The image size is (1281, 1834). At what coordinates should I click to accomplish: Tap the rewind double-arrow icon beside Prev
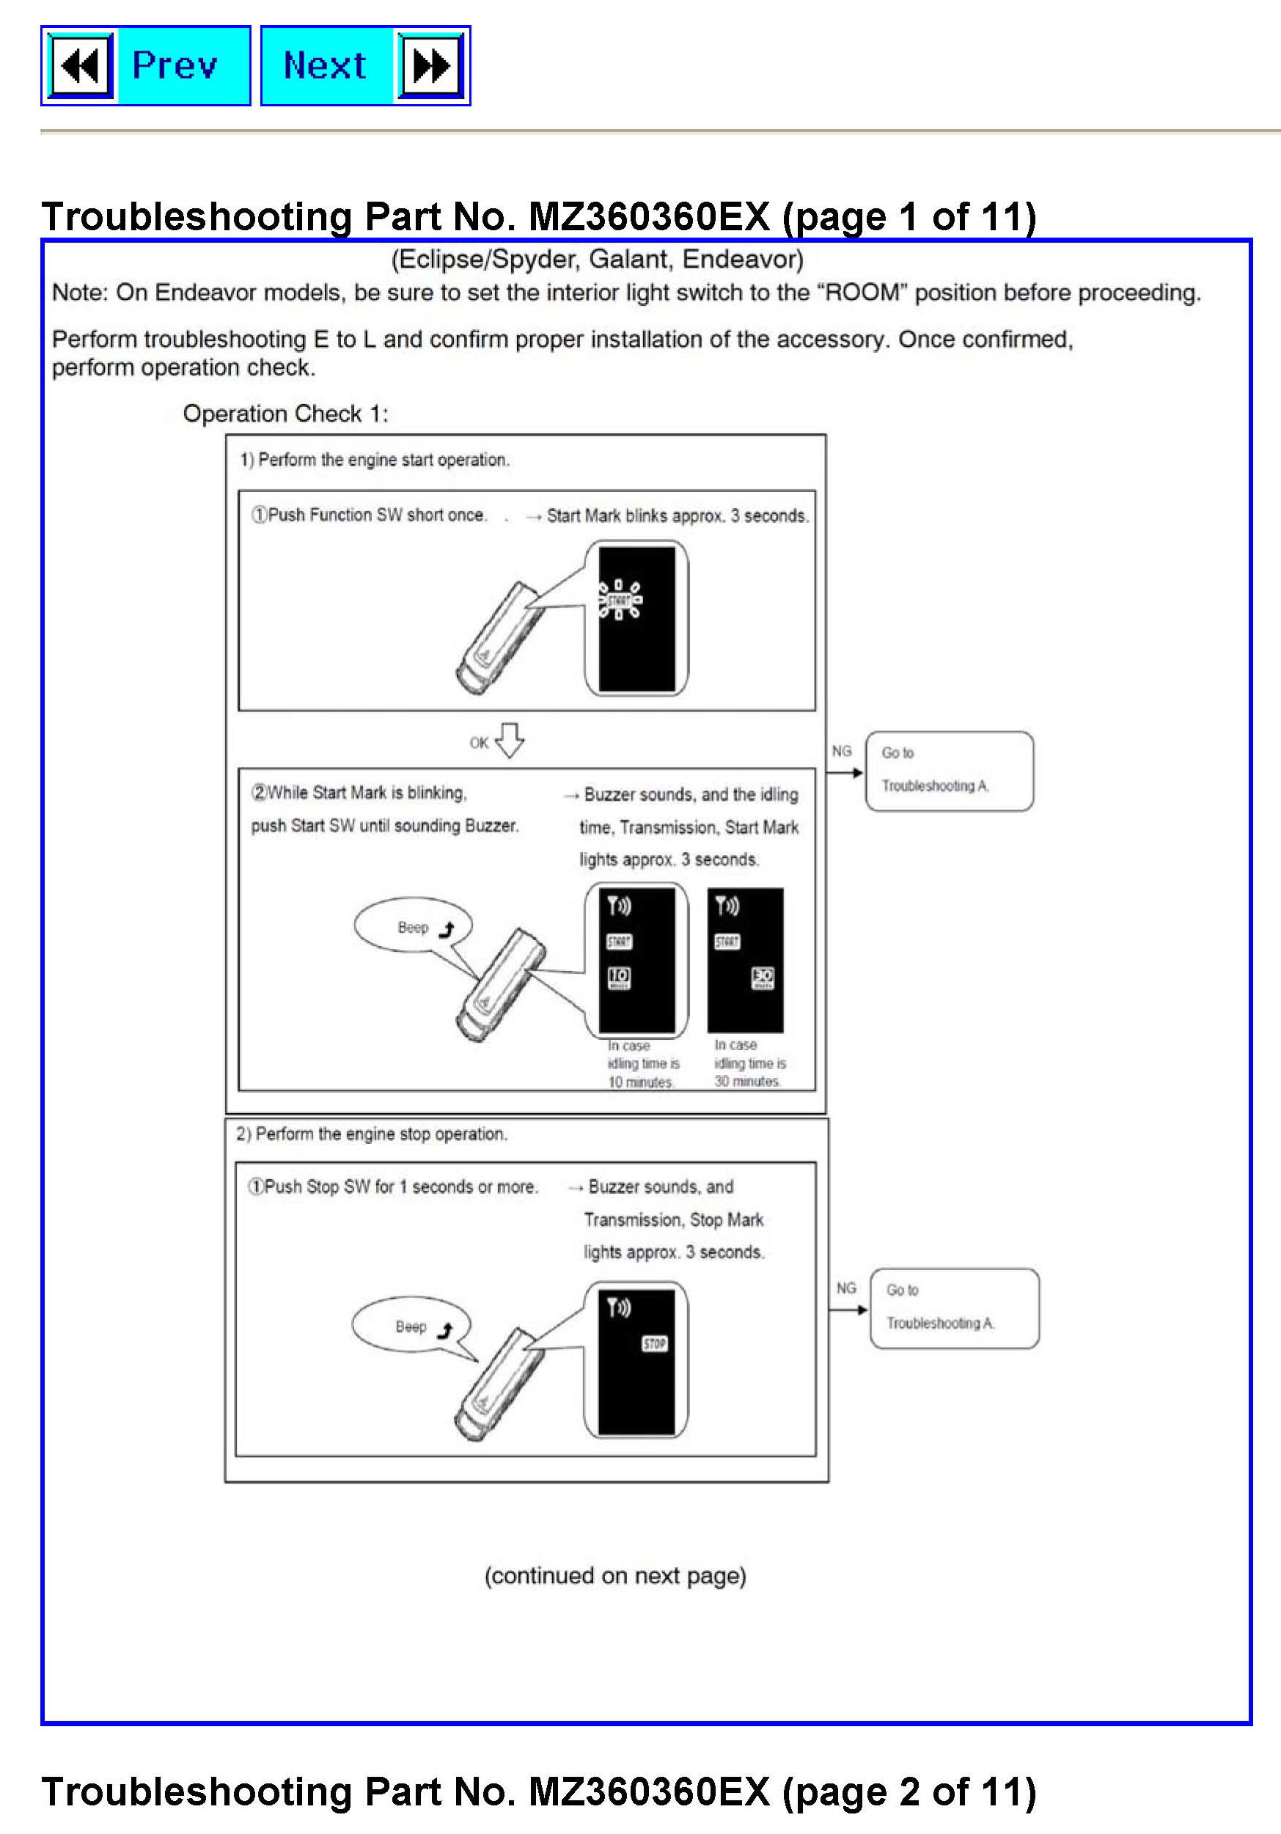[81, 65]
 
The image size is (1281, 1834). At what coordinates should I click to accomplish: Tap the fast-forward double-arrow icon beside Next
[431, 65]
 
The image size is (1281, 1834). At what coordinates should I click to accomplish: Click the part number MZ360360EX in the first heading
[648, 217]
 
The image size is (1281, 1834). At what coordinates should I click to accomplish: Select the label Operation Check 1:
[285, 414]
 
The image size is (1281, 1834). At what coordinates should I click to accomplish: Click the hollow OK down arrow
[510, 741]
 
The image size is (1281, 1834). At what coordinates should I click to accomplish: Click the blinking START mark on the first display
[620, 601]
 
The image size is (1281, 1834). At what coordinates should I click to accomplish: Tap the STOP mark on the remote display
[654, 1343]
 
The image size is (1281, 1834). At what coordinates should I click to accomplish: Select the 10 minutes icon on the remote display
[619, 977]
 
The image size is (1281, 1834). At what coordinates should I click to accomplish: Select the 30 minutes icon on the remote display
[763, 977]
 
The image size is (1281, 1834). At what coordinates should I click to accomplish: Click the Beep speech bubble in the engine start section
[413, 927]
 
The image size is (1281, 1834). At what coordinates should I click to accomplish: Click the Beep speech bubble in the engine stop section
[411, 1326]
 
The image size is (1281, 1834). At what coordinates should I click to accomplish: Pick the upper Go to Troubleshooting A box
[949, 771]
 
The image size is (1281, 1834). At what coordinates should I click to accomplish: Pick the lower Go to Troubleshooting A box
[955, 1308]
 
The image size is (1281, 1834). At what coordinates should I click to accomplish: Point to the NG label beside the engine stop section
[845, 1288]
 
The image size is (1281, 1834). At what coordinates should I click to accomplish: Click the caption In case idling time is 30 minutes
[749, 1063]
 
